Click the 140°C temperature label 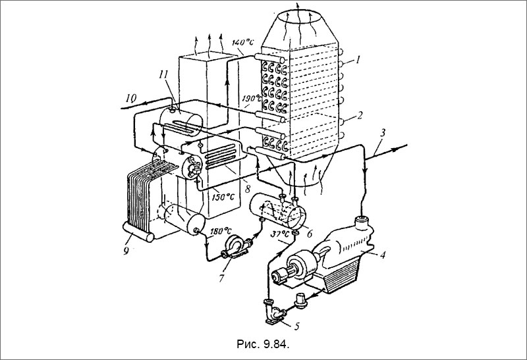point(243,42)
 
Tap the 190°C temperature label point(251,99)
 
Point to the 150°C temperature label point(223,197)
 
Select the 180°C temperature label point(221,231)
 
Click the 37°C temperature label point(280,233)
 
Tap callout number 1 point(358,60)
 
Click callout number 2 point(360,115)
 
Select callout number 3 point(383,132)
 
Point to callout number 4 point(383,255)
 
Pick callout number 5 point(296,326)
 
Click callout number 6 point(310,233)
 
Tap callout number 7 point(221,278)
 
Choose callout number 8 point(248,189)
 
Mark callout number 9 point(126,251)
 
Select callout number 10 point(131,99)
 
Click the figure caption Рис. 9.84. point(263,344)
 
